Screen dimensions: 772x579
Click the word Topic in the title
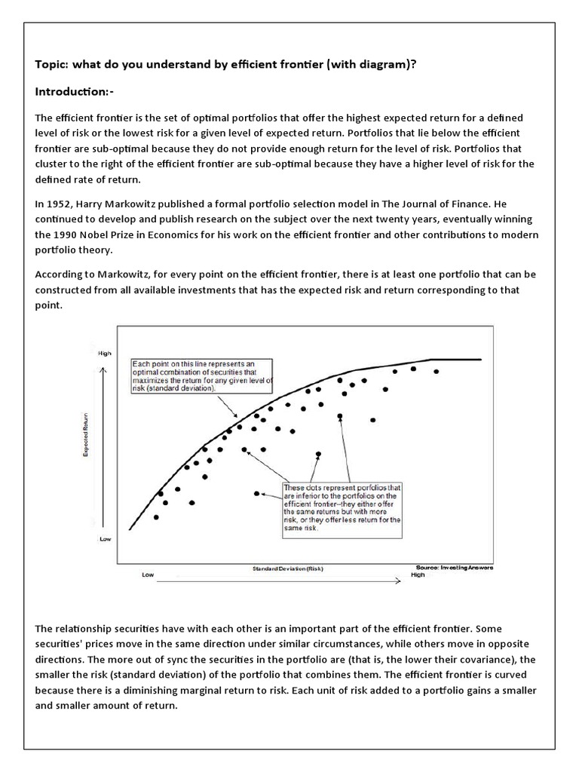(x=52, y=64)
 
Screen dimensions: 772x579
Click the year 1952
(x=58, y=203)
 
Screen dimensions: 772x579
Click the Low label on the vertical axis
(x=104, y=539)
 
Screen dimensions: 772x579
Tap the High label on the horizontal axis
(x=418, y=574)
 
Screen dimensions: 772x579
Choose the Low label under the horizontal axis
(x=148, y=575)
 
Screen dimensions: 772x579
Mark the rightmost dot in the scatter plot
(x=436, y=372)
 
